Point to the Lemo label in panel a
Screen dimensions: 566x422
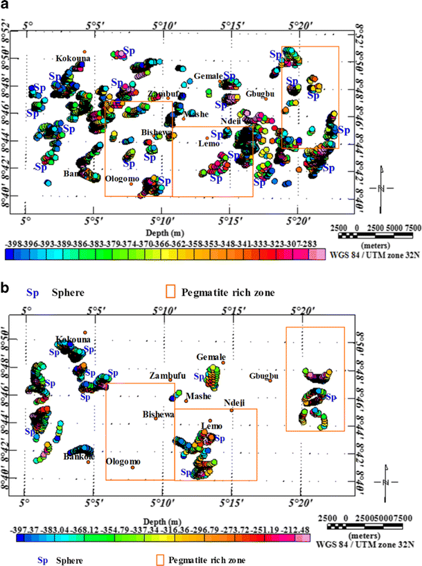click(209, 144)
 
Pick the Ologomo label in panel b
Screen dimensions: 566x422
click(123, 461)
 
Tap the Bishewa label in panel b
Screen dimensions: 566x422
click(159, 414)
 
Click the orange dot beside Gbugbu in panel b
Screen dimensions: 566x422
click(270, 380)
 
